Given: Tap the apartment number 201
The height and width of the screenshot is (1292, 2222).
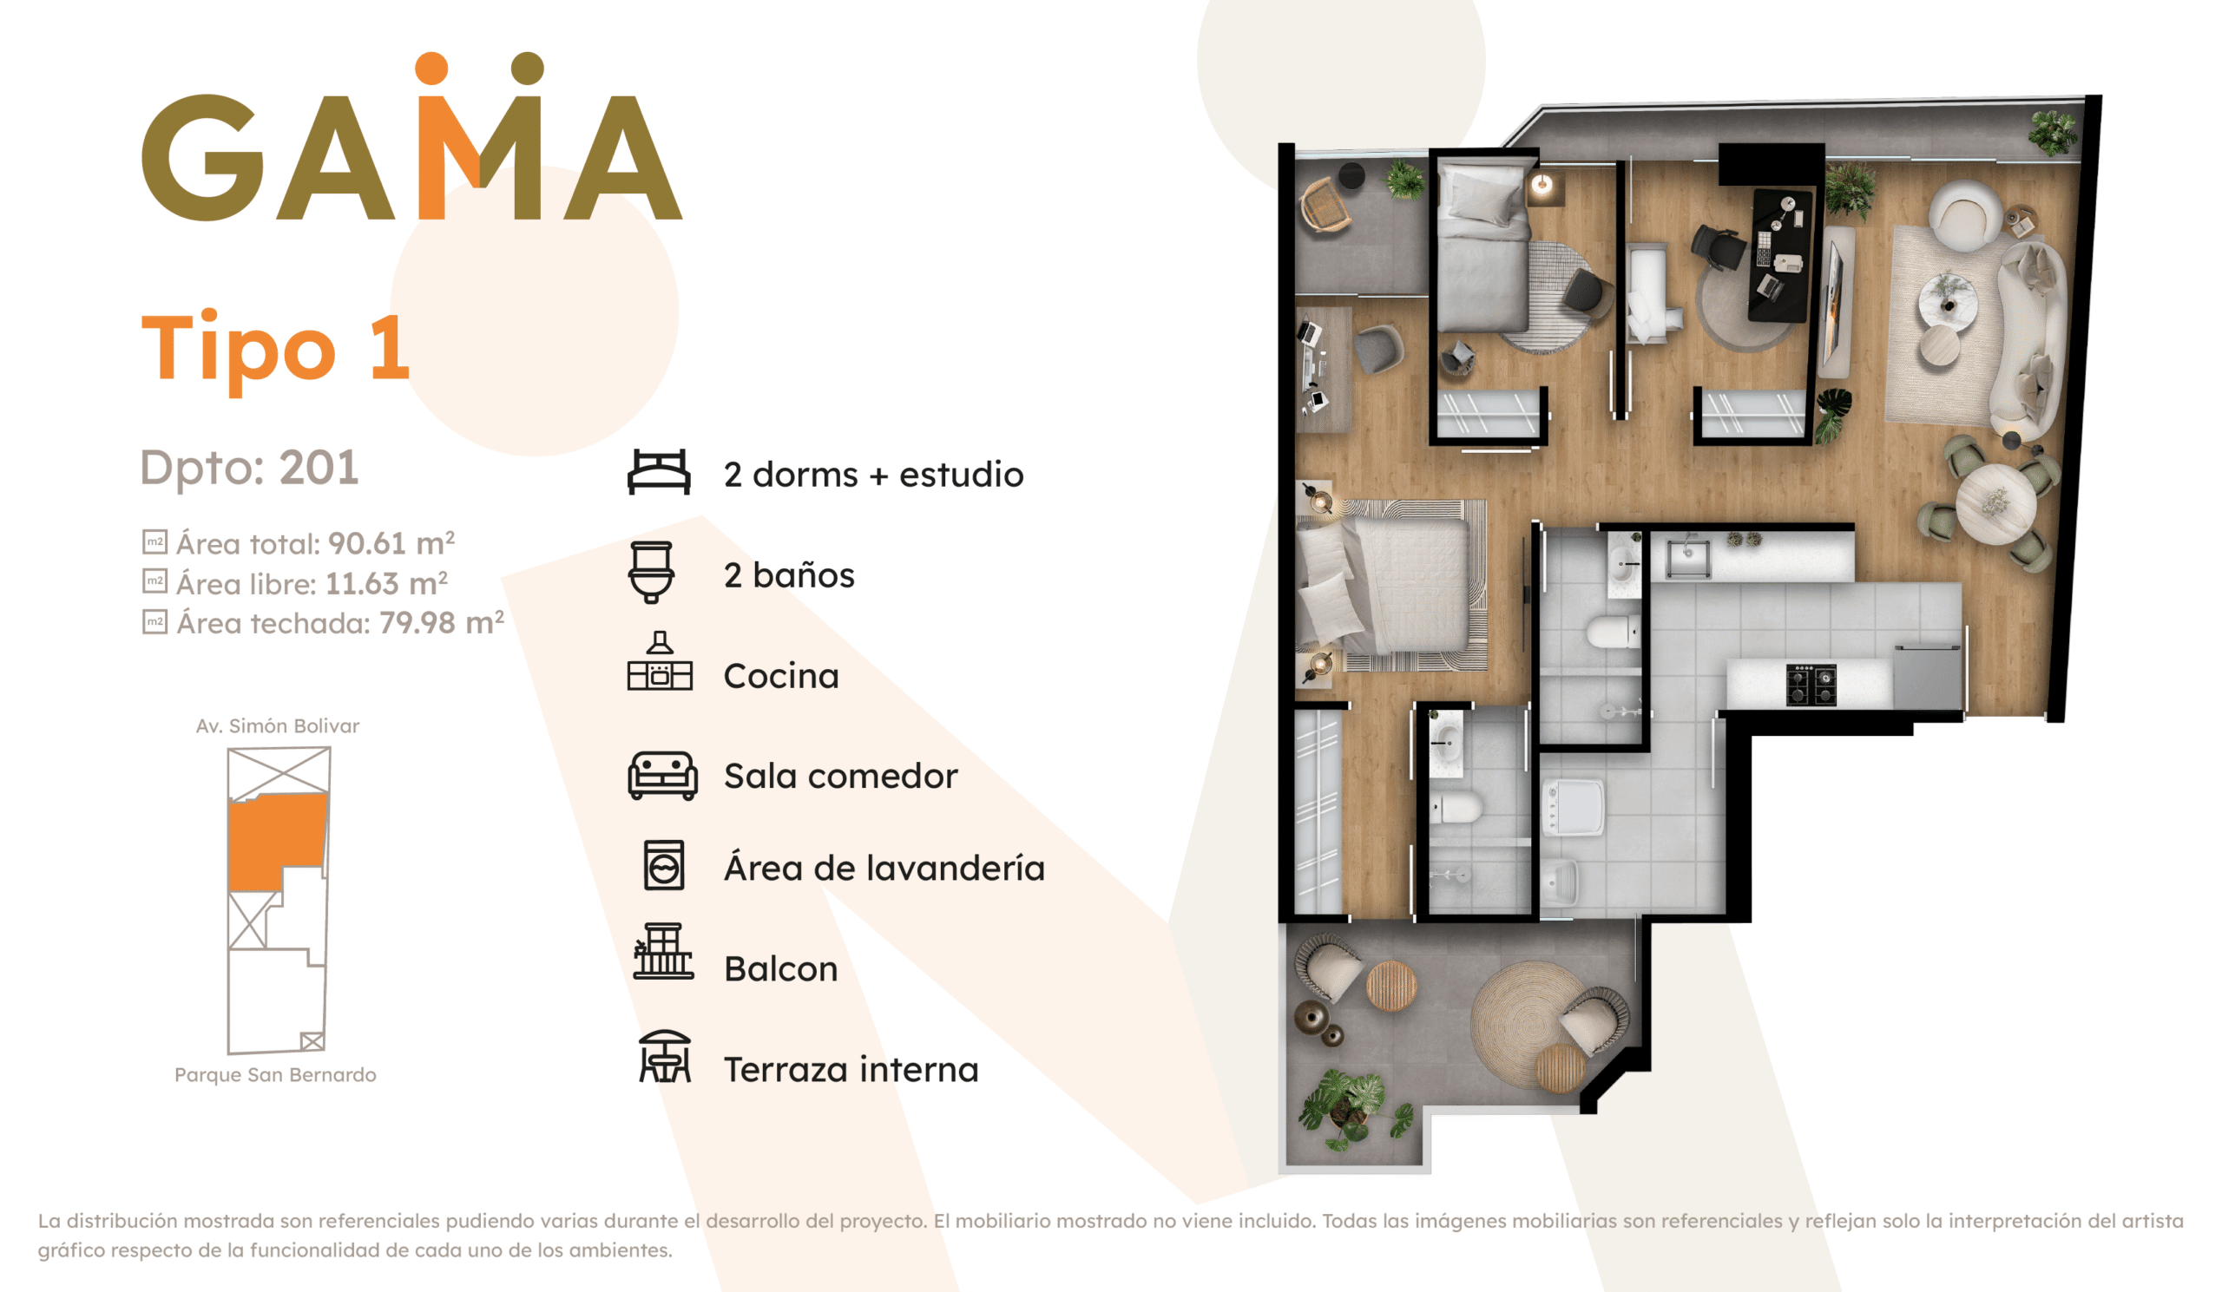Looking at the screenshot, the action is coord(319,467).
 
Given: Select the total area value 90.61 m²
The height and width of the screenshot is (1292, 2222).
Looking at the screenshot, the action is coord(391,543).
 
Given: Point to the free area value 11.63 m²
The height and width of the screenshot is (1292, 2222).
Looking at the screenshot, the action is coord(386,582).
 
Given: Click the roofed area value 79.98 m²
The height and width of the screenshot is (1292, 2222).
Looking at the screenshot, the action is coord(442,622).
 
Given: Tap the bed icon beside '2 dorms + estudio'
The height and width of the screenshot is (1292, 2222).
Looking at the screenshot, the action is coord(659,472).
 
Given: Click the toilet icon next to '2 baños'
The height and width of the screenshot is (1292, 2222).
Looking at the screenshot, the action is coord(652,573).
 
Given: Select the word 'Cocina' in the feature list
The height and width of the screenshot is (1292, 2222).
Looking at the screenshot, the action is coord(781,676).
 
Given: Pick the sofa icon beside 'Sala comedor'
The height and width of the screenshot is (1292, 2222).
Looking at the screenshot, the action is coord(662,776).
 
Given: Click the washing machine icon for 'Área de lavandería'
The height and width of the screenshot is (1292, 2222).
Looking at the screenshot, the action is coord(664,865).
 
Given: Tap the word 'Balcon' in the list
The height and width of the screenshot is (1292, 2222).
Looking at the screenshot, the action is coord(780,968).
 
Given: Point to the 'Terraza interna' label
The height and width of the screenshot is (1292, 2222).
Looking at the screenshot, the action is coord(851,1070).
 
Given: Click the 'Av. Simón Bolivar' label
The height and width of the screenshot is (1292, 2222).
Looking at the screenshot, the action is coord(278,726).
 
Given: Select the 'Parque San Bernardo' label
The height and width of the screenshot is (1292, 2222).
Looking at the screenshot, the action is coord(275,1075).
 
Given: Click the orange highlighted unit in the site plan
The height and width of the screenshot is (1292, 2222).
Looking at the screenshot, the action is coord(273,839).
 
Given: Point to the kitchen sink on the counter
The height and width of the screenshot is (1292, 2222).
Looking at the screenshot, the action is coord(1687,558).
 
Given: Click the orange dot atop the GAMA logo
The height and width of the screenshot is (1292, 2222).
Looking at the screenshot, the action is coord(432,69).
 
